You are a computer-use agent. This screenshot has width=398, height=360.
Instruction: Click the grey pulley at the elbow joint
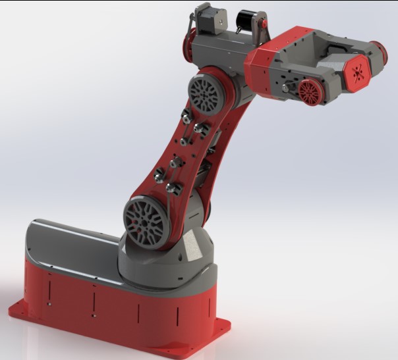point(205,94)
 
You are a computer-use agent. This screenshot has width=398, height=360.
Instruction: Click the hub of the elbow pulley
point(205,94)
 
